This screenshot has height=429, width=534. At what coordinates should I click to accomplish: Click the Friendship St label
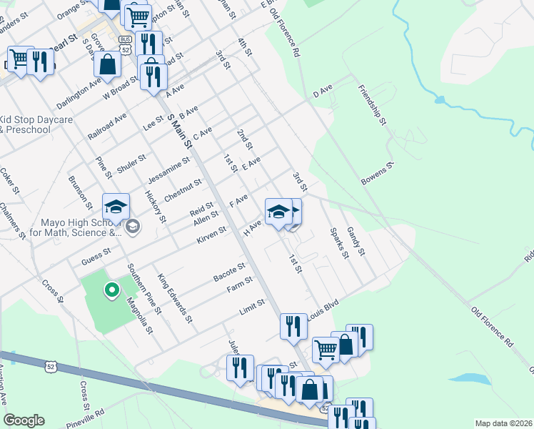[x=373, y=105]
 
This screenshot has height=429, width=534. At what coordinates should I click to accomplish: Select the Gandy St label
[x=356, y=241]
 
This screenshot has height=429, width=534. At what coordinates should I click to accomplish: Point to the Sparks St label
[x=338, y=242]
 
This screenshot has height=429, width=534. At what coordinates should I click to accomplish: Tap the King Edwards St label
[x=176, y=296]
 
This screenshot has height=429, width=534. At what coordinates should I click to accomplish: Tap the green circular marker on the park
[x=111, y=290]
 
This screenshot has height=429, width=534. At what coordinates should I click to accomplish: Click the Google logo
[x=24, y=420]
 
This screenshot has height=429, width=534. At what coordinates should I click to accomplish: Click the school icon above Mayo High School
[x=116, y=208]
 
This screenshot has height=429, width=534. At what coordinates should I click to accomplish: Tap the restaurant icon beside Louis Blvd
[x=293, y=326]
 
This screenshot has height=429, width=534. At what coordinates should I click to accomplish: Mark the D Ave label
[x=323, y=92]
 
